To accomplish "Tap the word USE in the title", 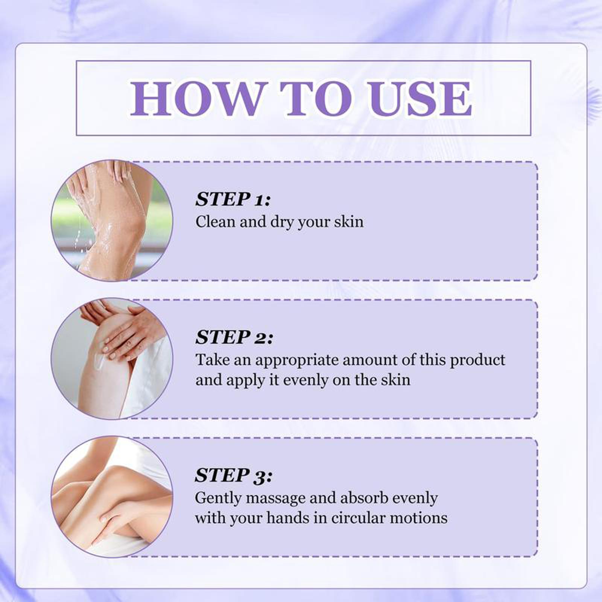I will tap(420, 98).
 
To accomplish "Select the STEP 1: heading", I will tap(233, 199).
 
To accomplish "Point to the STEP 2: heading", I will tap(234, 337).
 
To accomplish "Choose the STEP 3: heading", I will tap(234, 475).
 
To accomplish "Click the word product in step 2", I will tap(477, 360).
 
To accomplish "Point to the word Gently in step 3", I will tap(217, 499).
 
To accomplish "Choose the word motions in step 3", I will tap(418, 518).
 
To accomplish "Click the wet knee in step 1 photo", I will tap(130, 226).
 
